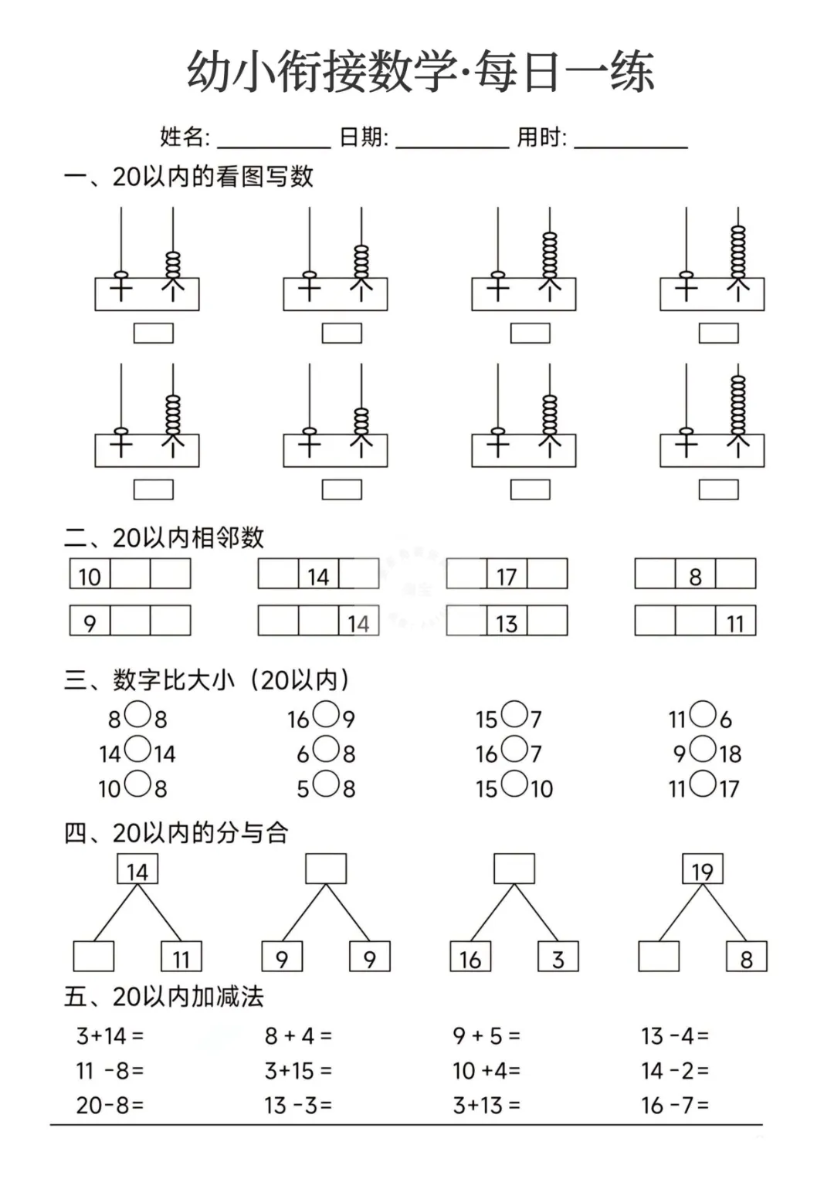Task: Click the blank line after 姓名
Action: pos(273,140)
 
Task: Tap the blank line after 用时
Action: pos(630,140)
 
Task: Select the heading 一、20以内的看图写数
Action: pos(189,177)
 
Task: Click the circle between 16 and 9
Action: pos(326,715)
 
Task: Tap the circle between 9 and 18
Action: pos(703,749)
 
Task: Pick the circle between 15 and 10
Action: pos(514,784)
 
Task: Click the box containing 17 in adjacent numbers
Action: pos(507,574)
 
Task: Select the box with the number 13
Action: pos(507,622)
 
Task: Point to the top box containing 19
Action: pos(702,869)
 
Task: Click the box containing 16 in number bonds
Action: pos(470,957)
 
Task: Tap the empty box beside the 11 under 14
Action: pos(93,957)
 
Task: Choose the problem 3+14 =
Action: pos(110,1036)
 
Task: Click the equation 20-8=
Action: pos(110,1106)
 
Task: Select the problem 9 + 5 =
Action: pos(486,1036)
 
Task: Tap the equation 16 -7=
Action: pos(674,1106)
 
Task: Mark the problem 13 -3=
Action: pos(298,1106)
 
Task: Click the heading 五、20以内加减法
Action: pos(164,997)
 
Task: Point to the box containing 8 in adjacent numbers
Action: pos(695,574)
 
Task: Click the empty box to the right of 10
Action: pos(130,574)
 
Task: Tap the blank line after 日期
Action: pos(452,140)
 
